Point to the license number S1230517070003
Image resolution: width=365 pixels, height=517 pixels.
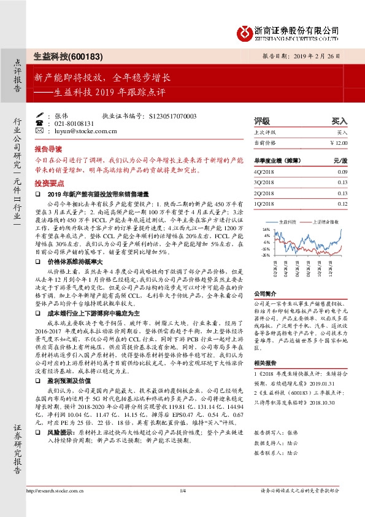click(x=172, y=115)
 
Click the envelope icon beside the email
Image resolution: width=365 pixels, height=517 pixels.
click(x=40, y=131)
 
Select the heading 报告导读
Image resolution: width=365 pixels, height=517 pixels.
click(x=48, y=149)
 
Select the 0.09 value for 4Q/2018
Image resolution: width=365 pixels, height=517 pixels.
click(x=342, y=172)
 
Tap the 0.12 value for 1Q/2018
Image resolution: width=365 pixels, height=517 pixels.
click(x=342, y=203)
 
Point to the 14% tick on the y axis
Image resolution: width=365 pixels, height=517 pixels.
click(x=266, y=228)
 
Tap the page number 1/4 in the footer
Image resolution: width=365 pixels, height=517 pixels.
click(x=182, y=490)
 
